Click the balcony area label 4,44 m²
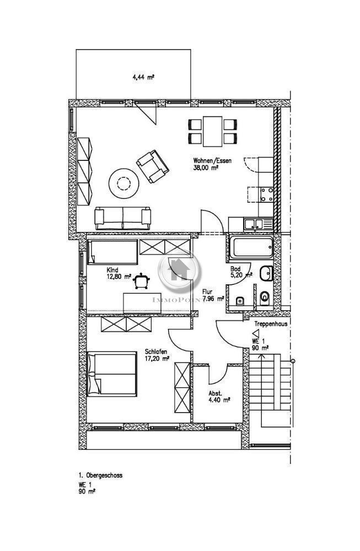(x=143, y=78)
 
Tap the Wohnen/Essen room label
(x=212, y=161)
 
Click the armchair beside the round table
(x=152, y=166)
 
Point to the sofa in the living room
(x=122, y=218)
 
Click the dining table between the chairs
(x=212, y=131)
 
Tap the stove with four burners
(x=267, y=194)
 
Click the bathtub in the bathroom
(x=251, y=248)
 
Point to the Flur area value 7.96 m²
(x=213, y=298)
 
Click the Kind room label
(x=112, y=270)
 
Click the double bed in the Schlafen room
(x=112, y=373)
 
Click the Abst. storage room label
(x=215, y=393)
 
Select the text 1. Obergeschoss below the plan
(x=100, y=475)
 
